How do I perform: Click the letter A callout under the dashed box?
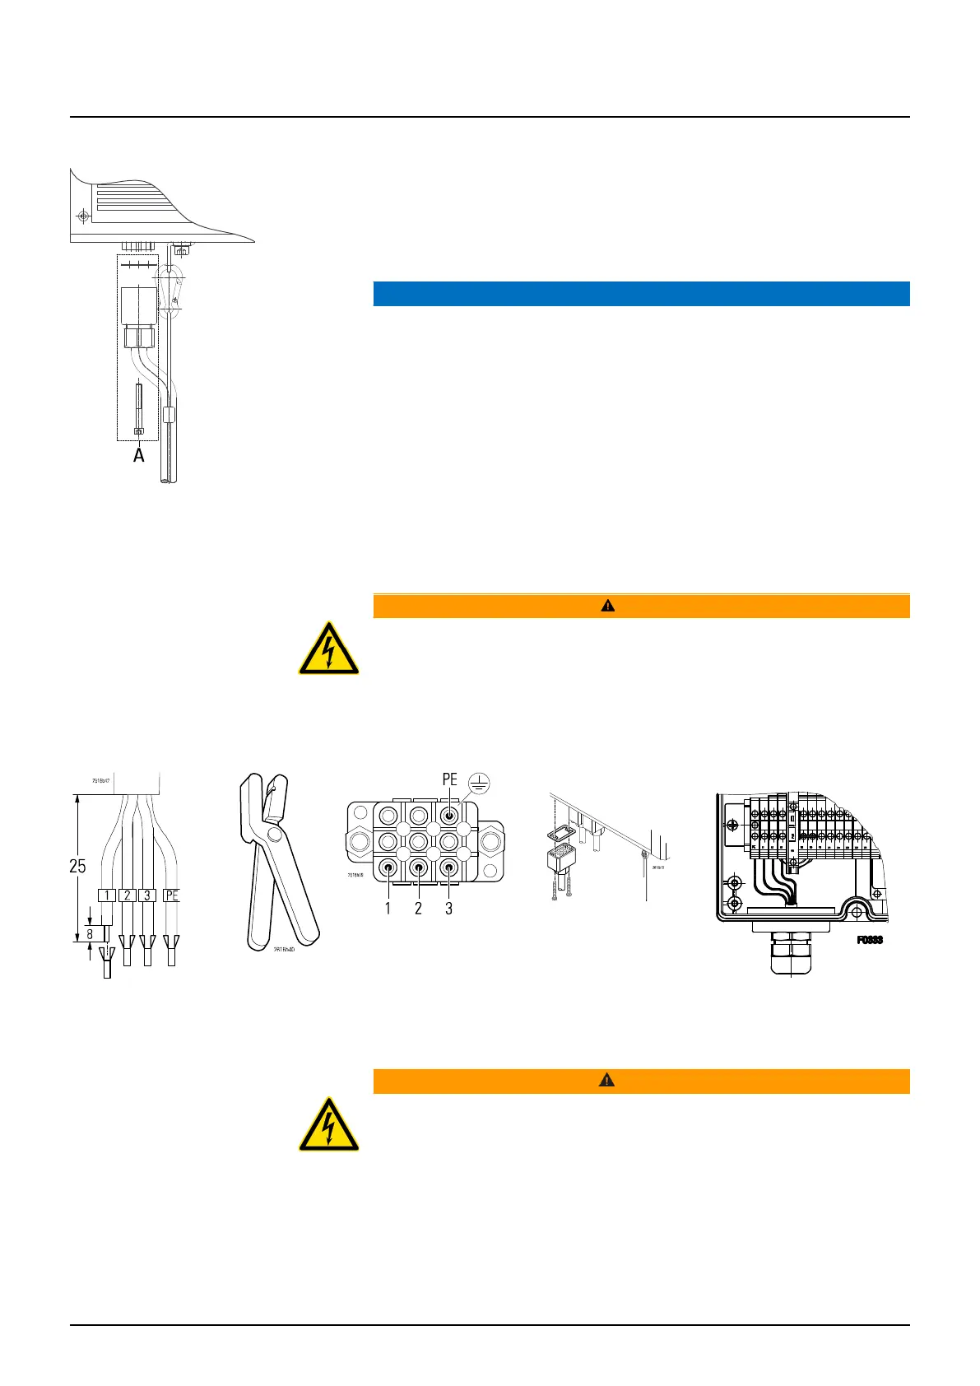click(139, 454)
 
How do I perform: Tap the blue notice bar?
click(641, 294)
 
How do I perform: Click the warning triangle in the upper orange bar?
click(607, 606)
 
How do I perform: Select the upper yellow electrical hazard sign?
click(328, 649)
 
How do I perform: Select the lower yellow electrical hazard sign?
click(328, 1123)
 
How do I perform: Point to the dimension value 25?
click(77, 866)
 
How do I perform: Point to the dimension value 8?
click(90, 934)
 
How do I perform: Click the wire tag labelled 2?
click(127, 895)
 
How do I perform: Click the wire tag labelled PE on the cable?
click(170, 895)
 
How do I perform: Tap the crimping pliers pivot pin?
click(273, 838)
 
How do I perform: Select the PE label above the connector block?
click(449, 779)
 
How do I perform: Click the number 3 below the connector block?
click(448, 909)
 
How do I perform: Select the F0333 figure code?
click(870, 940)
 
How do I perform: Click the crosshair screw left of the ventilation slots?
click(82, 216)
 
